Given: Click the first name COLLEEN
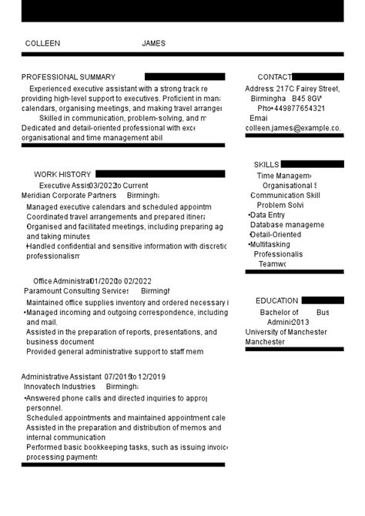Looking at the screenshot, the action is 42,44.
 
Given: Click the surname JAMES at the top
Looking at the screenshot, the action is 153,44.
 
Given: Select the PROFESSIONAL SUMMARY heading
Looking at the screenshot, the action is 69,77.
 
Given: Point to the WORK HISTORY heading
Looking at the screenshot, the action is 62,175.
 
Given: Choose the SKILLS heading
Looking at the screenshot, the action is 266,165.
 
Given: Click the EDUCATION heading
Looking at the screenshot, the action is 276,301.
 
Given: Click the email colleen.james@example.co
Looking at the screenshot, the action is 293,128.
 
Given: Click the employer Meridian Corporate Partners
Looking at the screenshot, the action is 69,196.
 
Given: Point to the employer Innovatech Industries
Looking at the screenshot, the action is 59,387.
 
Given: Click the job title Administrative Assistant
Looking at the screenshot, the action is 61,377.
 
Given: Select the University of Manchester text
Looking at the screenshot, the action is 286,332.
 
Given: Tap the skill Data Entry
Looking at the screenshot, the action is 268,216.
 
